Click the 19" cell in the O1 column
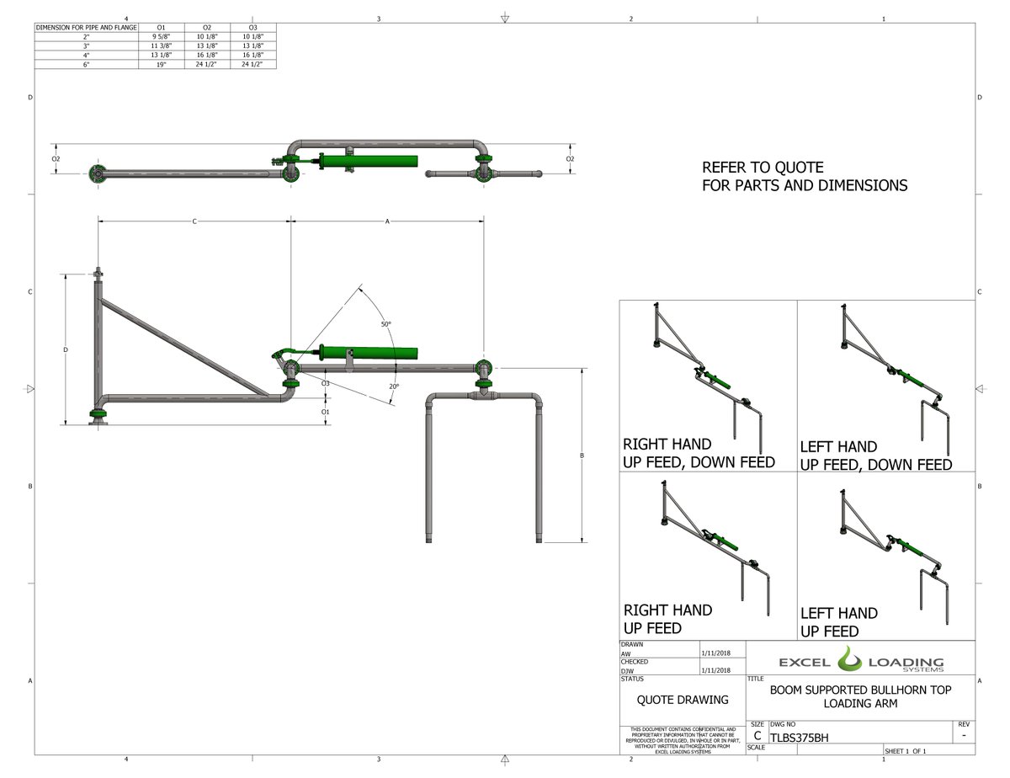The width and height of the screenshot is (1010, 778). (x=160, y=64)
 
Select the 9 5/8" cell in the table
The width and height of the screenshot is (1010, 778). (x=160, y=36)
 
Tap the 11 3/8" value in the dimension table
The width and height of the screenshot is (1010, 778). (x=160, y=45)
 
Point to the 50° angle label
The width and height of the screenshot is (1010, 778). (x=385, y=323)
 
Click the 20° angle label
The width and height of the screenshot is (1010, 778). (x=394, y=386)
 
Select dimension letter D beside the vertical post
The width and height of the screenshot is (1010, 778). (x=66, y=349)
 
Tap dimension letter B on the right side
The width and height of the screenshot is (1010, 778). (x=582, y=456)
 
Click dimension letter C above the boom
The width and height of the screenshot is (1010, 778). (x=194, y=221)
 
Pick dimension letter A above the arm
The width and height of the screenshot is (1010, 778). (x=387, y=221)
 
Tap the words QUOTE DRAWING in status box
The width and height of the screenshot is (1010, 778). (x=682, y=700)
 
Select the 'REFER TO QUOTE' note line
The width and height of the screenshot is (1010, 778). (x=763, y=168)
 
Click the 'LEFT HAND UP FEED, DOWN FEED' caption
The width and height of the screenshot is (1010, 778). (x=875, y=456)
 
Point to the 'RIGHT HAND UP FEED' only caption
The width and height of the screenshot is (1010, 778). (x=667, y=619)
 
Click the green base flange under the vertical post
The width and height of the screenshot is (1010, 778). (x=98, y=415)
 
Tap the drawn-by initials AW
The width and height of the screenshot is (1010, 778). (x=625, y=653)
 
